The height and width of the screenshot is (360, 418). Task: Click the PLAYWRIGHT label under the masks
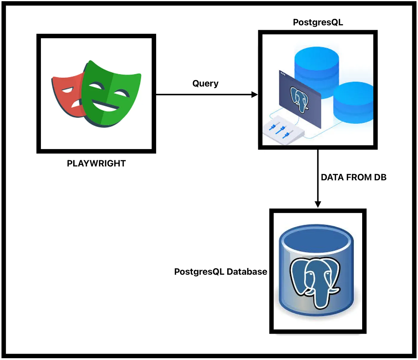(96, 163)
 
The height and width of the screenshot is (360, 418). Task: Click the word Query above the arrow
(205, 83)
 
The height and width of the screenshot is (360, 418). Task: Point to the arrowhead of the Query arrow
(254, 95)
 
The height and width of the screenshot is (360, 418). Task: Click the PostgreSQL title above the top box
(318, 22)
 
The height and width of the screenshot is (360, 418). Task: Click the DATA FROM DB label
(354, 177)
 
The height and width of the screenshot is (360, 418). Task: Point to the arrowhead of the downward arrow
(318, 204)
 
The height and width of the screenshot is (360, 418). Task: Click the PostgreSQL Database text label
(221, 272)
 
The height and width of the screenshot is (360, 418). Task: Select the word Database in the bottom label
(247, 272)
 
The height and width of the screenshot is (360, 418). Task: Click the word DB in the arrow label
(380, 177)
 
